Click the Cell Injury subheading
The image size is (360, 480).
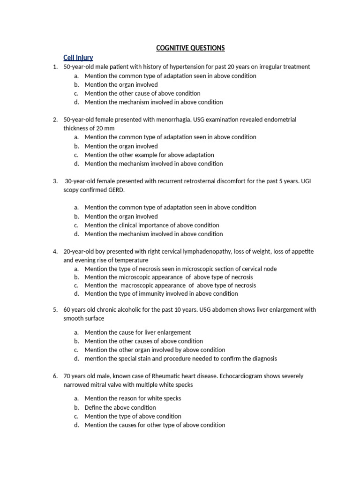[x=78, y=58]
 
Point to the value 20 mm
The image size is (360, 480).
[x=104, y=128]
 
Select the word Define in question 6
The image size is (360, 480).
[x=94, y=407]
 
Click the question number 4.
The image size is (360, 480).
[x=55, y=252]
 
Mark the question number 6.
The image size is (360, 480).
[x=55, y=376]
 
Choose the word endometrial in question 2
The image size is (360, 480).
[x=279, y=120]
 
